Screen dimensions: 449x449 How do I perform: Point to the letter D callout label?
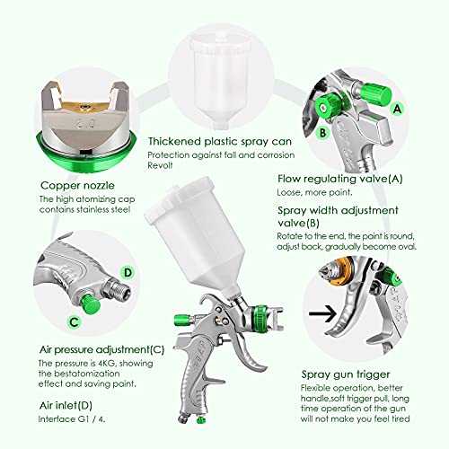click(x=127, y=270)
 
